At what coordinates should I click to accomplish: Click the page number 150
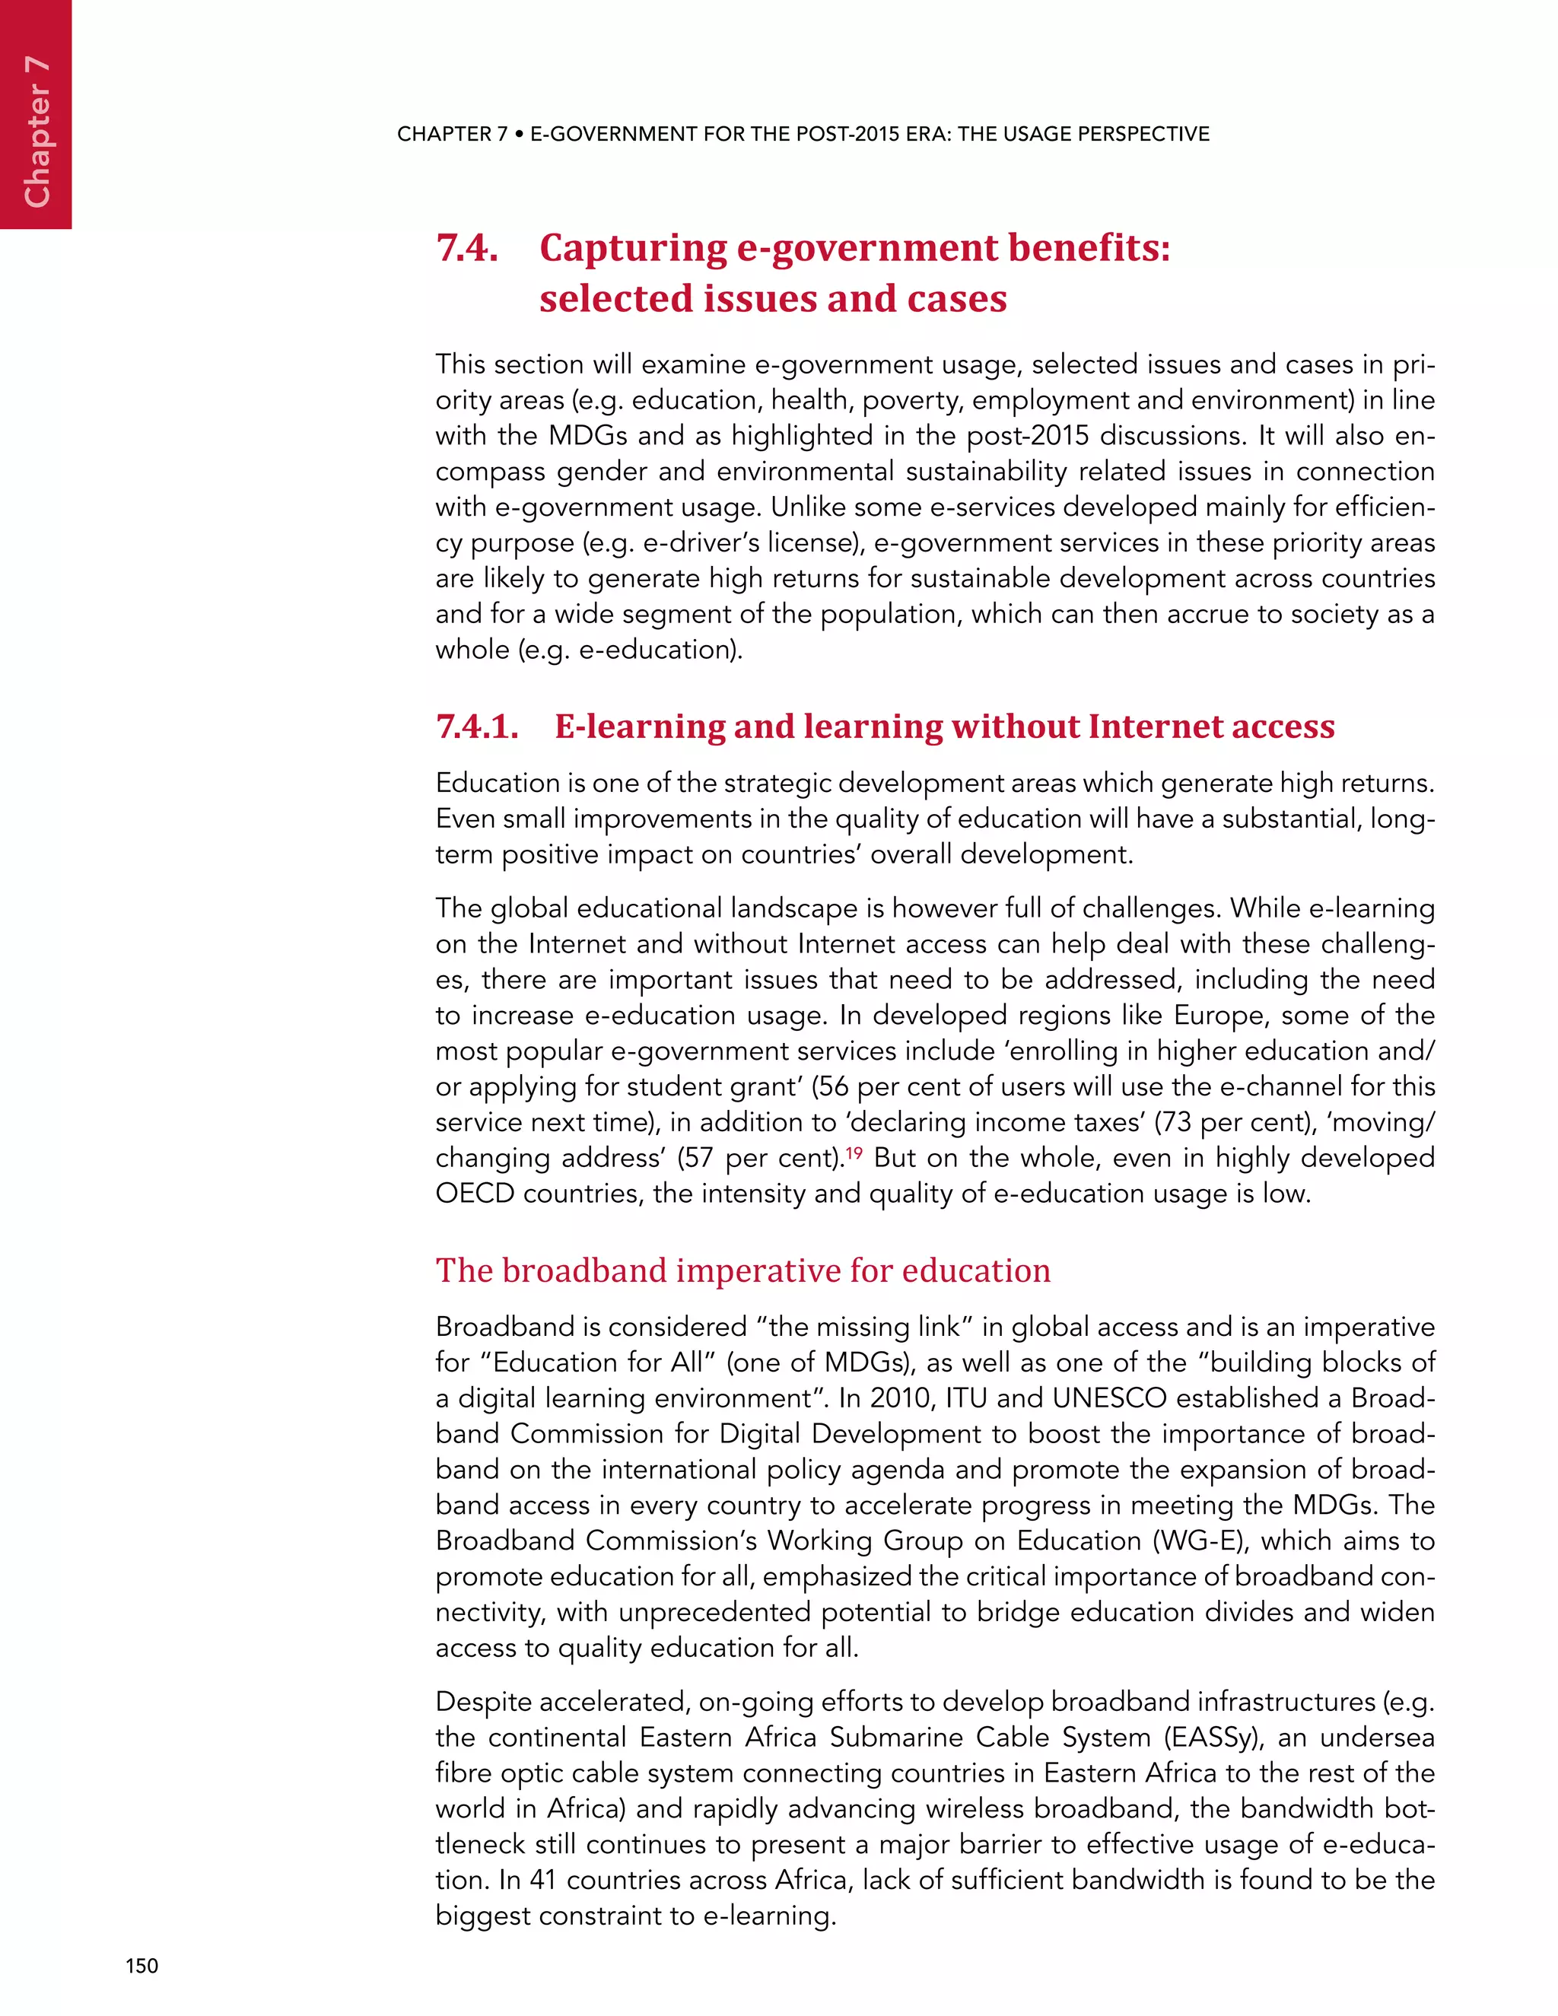coord(142,1965)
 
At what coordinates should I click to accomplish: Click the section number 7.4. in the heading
coord(467,248)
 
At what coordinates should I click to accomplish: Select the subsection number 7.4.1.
coord(476,727)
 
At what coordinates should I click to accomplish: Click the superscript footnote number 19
coord(854,1152)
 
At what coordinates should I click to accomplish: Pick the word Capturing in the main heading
coord(632,248)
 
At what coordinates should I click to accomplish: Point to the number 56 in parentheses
coord(834,1086)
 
